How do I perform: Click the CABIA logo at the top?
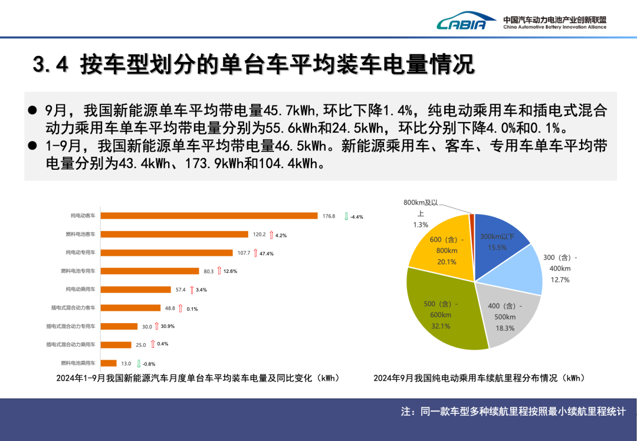pyautogui.click(x=461, y=22)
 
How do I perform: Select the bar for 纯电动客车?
pyautogui.click(x=209, y=216)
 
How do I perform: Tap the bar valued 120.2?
pyautogui.click(x=175, y=234)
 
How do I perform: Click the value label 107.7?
pyautogui.click(x=244, y=253)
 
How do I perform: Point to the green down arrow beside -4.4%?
pyautogui.click(x=346, y=216)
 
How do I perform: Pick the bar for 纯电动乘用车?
pyautogui.click(x=136, y=289)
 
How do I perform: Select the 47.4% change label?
pyautogui.click(x=266, y=254)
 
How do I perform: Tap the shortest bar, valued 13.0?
pyautogui.click(x=109, y=363)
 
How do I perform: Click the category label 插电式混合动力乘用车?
pyautogui.click(x=71, y=344)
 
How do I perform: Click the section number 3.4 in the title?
pyautogui.click(x=50, y=65)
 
